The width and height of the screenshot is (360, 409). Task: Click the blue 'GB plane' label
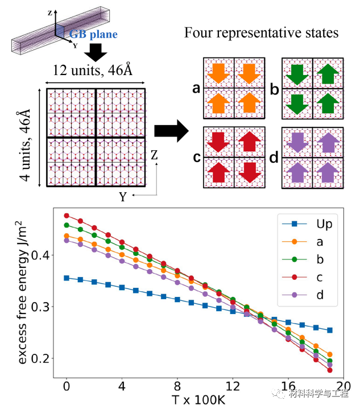click(94, 34)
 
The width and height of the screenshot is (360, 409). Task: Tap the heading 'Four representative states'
click(261, 32)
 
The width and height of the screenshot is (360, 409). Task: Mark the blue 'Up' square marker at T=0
click(67, 278)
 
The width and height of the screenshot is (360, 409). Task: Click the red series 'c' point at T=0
click(67, 216)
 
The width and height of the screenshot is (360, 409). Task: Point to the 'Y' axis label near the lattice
click(121, 196)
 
